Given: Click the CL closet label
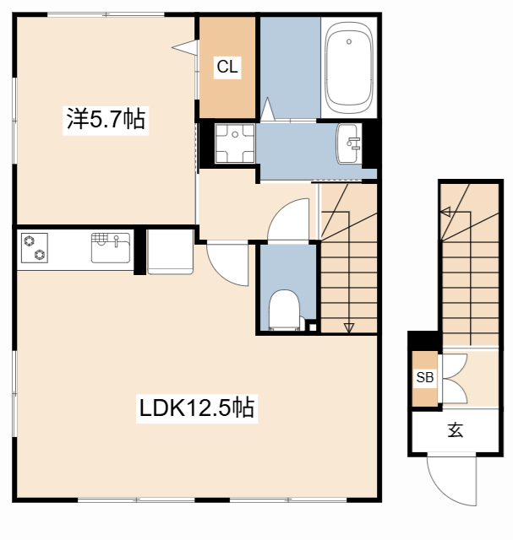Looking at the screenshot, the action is tap(227, 67).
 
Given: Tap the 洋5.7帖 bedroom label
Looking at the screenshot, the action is tap(106, 119).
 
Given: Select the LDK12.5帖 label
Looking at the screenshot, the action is tap(197, 408).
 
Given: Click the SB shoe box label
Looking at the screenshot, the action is tap(424, 377).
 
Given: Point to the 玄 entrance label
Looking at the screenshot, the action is tap(455, 429).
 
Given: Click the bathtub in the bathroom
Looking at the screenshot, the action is tap(349, 68).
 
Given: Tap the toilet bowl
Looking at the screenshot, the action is tap(284, 310).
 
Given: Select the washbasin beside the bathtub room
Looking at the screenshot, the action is tap(349, 143).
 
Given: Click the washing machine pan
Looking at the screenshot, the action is tap(235, 143).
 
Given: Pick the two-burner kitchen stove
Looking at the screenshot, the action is tap(34, 248).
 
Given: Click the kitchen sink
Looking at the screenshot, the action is tap(111, 248).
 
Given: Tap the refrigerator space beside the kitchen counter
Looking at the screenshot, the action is tap(170, 251).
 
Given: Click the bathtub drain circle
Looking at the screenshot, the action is tap(349, 41).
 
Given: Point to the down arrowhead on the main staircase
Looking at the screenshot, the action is tap(349, 328).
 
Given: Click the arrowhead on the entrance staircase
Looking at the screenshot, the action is tap(445, 212).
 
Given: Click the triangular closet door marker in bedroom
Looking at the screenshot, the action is tap(185, 47).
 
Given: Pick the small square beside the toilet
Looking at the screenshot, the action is tap(313, 327).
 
